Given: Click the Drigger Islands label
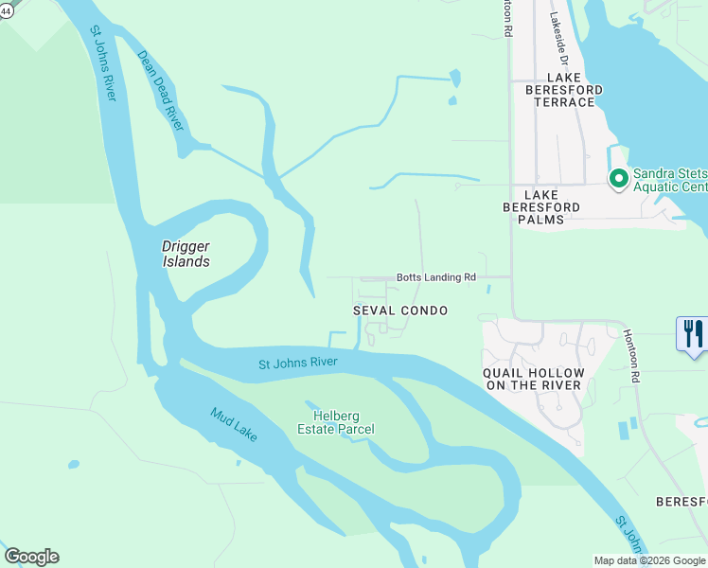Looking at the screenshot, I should click(186, 254).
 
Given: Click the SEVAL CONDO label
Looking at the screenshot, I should click(400, 311).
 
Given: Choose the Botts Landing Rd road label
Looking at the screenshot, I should click(435, 277).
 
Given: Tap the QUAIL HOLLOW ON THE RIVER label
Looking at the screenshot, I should click(534, 379).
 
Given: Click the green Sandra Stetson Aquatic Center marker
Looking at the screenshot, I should click(618, 179).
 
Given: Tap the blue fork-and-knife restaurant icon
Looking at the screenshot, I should click(693, 333).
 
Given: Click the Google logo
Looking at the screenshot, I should click(31, 557).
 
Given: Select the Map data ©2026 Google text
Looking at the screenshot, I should click(649, 560).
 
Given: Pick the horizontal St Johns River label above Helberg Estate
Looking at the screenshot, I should click(298, 364).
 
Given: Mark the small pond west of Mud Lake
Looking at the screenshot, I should click(73, 465).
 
